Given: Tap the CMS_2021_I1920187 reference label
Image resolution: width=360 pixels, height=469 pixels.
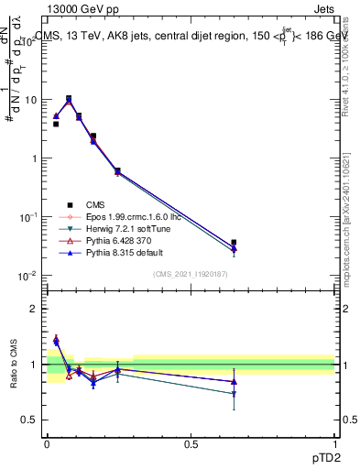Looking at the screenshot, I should tap(191, 275).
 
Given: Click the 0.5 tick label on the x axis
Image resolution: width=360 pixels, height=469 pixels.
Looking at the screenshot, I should tap(191, 443).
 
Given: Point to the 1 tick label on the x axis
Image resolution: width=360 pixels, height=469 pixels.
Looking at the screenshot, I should tap(334, 443).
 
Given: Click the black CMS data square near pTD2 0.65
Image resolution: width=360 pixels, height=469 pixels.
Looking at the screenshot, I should tap(234, 243).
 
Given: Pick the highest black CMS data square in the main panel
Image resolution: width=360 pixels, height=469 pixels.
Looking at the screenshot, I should tap(69, 98).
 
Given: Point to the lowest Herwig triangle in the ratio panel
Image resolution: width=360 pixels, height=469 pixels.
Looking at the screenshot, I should tap(234, 394).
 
